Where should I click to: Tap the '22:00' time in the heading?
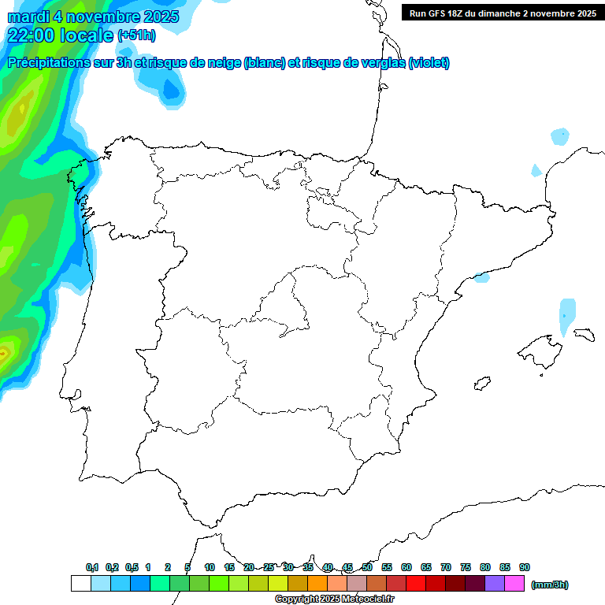[x=32, y=35]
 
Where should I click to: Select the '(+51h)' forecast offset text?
[x=136, y=35]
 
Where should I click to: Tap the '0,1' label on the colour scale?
[x=92, y=568]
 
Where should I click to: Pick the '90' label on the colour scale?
[x=525, y=568]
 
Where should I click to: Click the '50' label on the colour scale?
[x=367, y=568]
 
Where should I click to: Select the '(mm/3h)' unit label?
[x=550, y=585]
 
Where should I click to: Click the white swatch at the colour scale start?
[x=80, y=584]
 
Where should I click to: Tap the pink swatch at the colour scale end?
[x=514, y=584]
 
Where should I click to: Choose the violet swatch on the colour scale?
[x=495, y=584]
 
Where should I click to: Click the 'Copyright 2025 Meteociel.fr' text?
[x=335, y=599]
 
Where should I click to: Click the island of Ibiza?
[x=481, y=384]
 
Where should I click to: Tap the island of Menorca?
[x=584, y=334]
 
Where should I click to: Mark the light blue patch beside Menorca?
[x=567, y=315]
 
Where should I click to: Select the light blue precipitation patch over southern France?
[x=559, y=136]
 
